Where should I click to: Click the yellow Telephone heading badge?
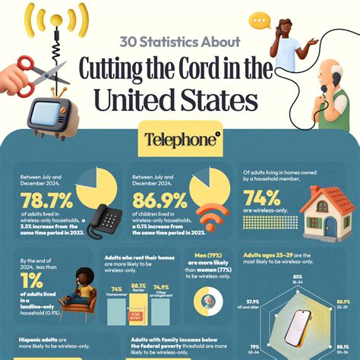pos(180,139)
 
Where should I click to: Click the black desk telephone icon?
pos(103,223)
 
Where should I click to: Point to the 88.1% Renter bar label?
pos(139,288)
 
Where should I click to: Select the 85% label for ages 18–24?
pos(298,278)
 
